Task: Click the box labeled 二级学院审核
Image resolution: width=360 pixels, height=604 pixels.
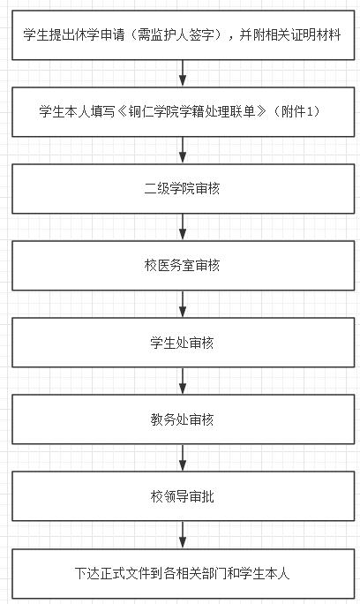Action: click(183, 189)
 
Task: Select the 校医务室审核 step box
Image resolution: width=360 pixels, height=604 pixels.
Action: click(183, 266)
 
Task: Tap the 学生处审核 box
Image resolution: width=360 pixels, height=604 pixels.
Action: click(183, 343)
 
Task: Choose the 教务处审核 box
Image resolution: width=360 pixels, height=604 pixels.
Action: click(183, 419)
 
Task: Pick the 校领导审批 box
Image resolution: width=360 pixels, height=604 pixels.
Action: click(183, 496)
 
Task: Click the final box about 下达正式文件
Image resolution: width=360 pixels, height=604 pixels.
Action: click(183, 574)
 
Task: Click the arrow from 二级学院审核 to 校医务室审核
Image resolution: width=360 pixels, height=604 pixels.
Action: click(183, 227)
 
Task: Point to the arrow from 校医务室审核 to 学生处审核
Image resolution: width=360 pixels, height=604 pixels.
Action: click(183, 304)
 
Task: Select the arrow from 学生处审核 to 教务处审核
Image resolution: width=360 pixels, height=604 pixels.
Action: click(183, 381)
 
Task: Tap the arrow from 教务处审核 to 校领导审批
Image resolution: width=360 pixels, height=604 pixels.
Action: click(183, 457)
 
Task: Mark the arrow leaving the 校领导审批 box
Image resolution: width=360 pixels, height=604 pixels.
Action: click(183, 535)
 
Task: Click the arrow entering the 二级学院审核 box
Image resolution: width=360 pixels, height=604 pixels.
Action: click(183, 150)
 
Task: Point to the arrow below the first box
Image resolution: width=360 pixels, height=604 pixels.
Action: click(183, 73)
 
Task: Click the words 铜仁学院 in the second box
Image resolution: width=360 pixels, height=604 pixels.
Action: click(147, 112)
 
